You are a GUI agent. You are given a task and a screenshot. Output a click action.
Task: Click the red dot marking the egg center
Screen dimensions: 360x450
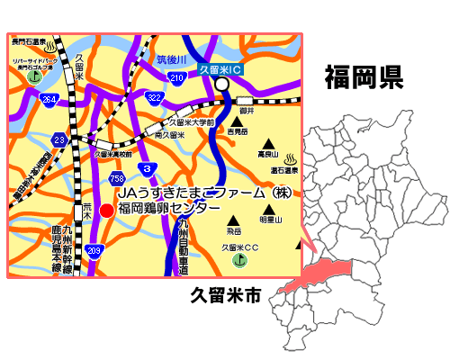(x=106, y=210)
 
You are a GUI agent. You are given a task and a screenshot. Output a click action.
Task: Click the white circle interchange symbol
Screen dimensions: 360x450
(x=221, y=85)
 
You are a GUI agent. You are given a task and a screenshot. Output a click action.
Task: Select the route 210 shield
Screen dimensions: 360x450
(x=177, y=77)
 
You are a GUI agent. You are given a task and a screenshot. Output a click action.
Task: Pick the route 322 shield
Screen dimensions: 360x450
(x=154, y=96)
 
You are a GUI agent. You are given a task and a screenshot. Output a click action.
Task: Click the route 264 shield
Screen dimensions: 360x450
(x=48, y=99)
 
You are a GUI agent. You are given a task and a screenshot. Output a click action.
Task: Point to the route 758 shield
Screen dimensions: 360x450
(x=117, y=178)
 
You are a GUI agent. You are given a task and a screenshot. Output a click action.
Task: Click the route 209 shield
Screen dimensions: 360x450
(x=94, y=249)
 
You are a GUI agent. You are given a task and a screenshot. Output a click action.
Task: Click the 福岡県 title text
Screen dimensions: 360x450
(x=364, y=76)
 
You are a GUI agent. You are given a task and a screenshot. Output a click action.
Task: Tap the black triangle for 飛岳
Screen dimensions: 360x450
(x=233, y=221)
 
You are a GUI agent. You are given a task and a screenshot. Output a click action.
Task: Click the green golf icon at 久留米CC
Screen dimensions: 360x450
(x=238, y=260)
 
